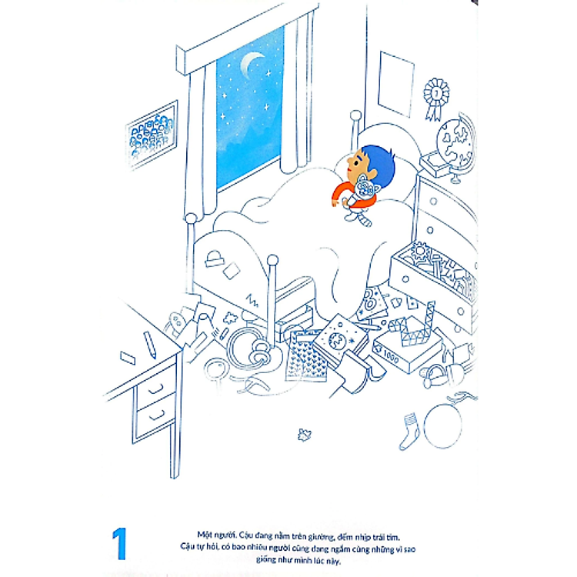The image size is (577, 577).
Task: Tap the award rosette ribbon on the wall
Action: pyautogui.click(x=435, y=98)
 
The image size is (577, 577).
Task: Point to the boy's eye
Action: pyautogui.click(x=356, y=162)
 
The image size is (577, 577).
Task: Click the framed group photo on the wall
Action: pyautogui.click(x=152, y=135)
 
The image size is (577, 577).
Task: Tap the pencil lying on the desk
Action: pyautogui.click(x=150, y=345)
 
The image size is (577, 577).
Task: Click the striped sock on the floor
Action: pyautogui.click(x=409, y=431)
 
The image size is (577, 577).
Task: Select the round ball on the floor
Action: pyautogui.click(x=442, y=425)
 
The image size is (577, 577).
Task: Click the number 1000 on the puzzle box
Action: pyautogui.click(x=391, y=356)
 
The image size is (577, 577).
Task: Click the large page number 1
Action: pyautogui.click(x=119, y=543)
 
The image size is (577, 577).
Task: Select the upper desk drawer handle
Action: pyautogui.click(x=155, y=388)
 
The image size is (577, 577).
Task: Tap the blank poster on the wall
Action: pyautogui.click(x=395, y=85)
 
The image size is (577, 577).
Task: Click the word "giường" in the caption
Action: pyautogui.click(x=321, y=538)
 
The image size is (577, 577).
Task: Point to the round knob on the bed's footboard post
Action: pyautogui.click(x=272, y=260)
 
